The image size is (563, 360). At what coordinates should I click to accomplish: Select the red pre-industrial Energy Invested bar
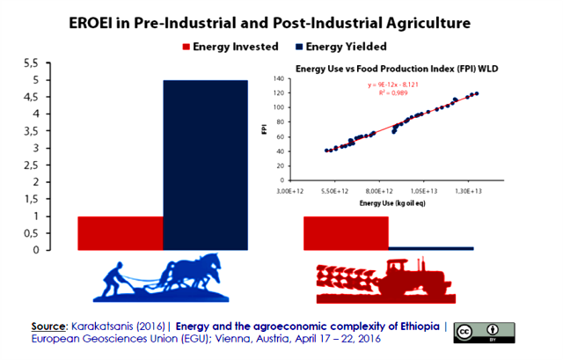click(x=121, y=232)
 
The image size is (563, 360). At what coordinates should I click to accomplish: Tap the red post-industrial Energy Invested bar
click(x=345, y=232)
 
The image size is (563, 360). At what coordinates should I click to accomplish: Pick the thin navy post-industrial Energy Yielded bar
click(x=431, y=247)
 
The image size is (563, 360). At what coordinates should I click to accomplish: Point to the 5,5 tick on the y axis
click(x=54, y=63)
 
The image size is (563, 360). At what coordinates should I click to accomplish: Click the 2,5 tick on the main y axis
click(x=54, y=165)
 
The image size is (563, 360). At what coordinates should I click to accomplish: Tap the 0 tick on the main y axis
click(x=59, y=249)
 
